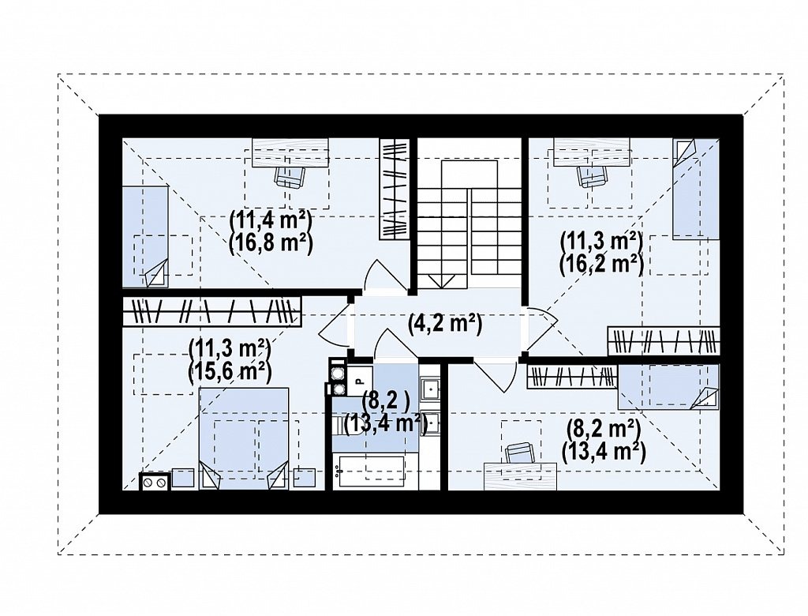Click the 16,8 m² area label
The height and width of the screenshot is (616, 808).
click(x=271, y=243)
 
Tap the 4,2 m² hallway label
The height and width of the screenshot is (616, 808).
click(x=445, y=324)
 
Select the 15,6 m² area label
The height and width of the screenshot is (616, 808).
click(x=230, y=370)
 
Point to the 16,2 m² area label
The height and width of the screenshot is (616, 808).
click(x=601, y=264)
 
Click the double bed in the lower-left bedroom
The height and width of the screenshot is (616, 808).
click(x=244, y=438)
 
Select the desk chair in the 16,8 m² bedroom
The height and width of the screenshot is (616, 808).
click(x=290, y=177)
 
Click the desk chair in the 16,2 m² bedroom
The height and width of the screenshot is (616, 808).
click(x=593, y=176)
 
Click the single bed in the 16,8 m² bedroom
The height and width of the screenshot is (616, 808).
click(x=145, y=237)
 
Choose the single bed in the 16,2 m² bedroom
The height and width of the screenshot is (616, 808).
click(x=696, y=189)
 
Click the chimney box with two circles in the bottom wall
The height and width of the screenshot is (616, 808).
click(x=155, y=482)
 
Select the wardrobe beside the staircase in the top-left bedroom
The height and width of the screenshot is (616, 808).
click(x=395, y=189)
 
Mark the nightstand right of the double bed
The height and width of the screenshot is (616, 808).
click(x=305, y=478)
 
